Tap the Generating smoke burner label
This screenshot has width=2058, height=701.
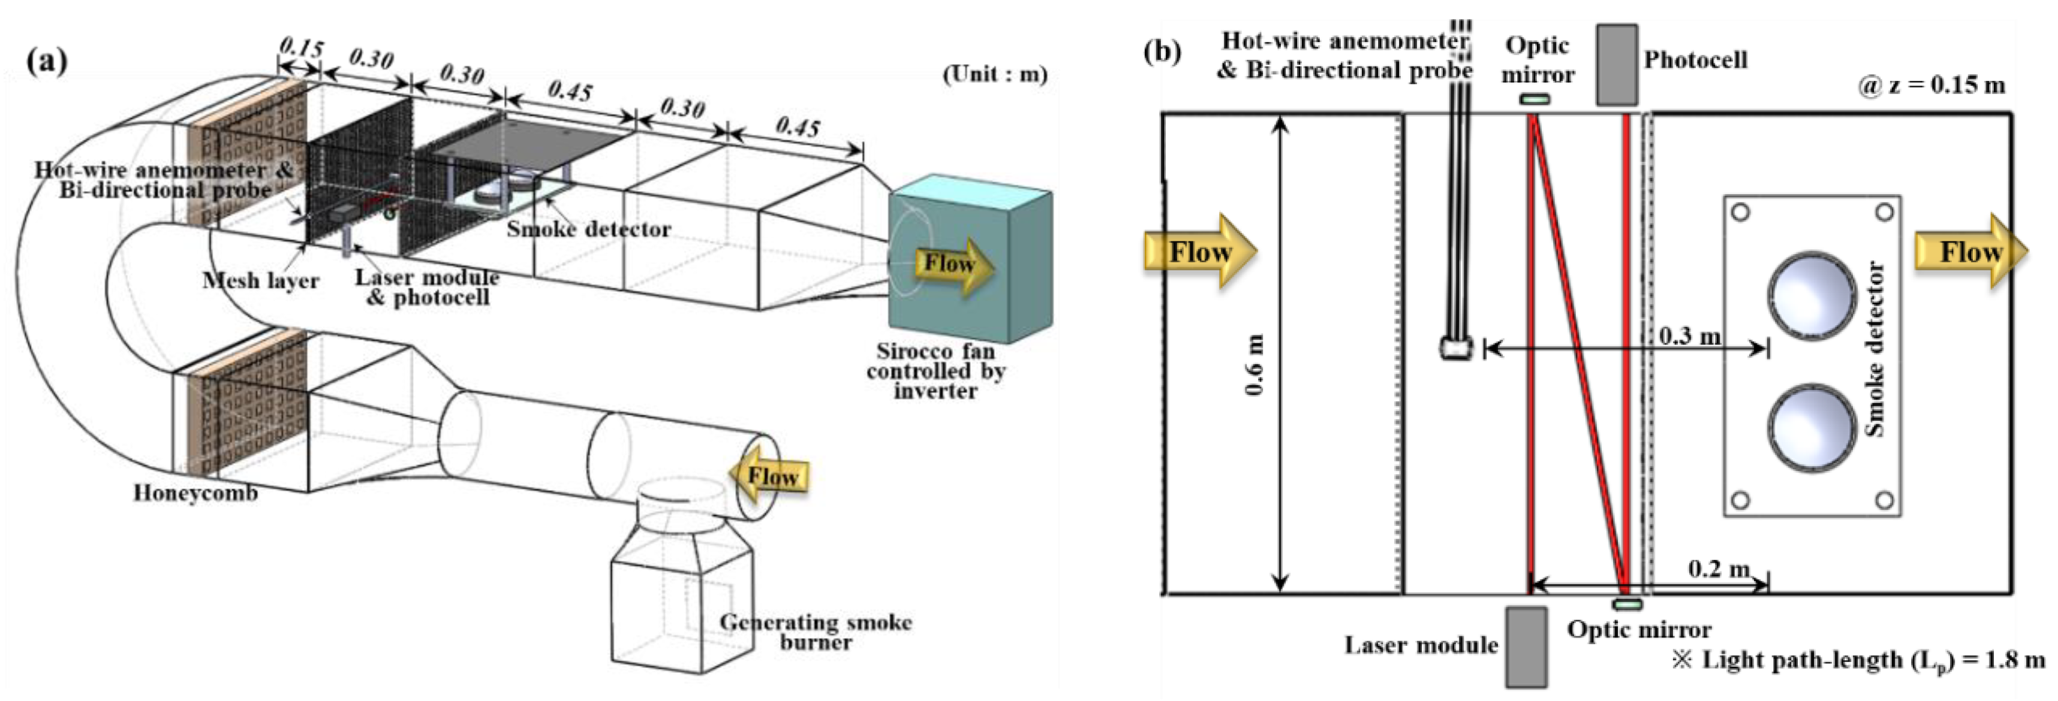(x=816, y=632)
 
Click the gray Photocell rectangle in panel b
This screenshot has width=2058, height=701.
(x=1617, y=65)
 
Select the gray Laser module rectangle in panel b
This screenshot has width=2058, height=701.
(x=1526, y=646)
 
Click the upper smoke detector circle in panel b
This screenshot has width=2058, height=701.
(x=1810, y=295)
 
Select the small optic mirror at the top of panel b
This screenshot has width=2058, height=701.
(x=1533, y=100)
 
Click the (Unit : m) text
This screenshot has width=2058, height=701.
(x=995, y=74)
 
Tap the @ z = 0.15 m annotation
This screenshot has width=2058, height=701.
(x=1931, y=86)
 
